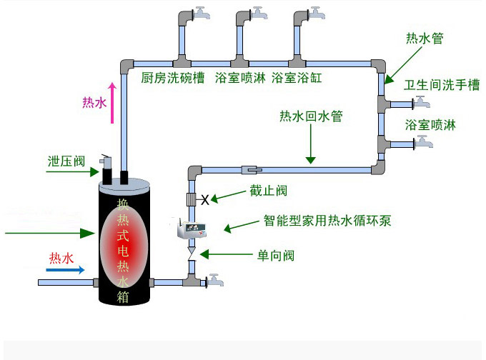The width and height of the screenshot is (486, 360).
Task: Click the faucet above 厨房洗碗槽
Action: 202,13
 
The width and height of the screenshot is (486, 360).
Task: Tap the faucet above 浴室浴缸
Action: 317,13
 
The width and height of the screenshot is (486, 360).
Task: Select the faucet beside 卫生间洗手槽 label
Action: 422,102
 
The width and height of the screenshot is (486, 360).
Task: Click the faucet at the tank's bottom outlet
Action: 215,280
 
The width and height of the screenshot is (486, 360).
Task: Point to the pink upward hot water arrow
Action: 112,103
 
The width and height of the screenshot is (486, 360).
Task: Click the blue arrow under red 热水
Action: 65,270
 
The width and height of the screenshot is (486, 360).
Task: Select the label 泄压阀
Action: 66,161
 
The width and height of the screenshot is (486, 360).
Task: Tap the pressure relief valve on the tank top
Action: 106,169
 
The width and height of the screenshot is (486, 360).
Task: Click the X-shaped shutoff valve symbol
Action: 205,200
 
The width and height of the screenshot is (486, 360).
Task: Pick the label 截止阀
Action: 269,191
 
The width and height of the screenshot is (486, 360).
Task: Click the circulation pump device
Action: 192,229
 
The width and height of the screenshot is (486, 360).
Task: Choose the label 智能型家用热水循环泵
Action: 327,221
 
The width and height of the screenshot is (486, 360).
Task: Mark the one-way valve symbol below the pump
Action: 192,254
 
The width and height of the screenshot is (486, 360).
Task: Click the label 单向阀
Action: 276,256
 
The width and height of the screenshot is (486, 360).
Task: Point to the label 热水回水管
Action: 311,116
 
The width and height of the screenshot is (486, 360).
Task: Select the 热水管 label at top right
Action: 425,39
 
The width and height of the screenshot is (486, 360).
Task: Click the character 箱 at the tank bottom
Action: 123,296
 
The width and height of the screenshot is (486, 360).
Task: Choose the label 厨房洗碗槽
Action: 173,78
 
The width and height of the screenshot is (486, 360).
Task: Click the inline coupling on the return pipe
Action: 252,170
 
